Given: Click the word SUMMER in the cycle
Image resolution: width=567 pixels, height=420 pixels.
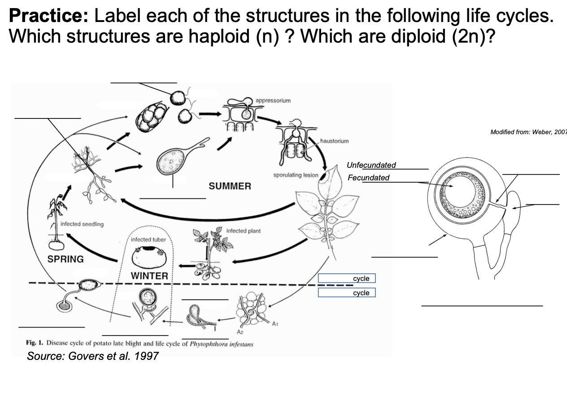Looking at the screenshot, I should (230, 186).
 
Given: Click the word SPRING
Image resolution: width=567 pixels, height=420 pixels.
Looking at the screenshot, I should (65, 259).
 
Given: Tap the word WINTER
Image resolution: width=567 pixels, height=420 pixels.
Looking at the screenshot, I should (149, 276).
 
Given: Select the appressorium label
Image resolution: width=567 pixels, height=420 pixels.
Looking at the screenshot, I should (273, 101).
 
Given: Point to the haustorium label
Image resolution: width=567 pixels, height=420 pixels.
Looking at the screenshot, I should (334, 141).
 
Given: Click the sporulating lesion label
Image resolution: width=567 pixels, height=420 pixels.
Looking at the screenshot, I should (296, 175).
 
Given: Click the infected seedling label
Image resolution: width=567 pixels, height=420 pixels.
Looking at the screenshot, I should (82, 224).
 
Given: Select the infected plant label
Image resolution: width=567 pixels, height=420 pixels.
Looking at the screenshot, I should (243, 231).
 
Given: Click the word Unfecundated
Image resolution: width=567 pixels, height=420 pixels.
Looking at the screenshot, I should (371, 165).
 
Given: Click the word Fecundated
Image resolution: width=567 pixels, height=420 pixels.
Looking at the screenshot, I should (368, 178).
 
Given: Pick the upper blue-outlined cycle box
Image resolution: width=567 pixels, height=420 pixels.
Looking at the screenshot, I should (347, 279).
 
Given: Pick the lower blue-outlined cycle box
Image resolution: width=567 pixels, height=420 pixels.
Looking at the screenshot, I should (347, 293).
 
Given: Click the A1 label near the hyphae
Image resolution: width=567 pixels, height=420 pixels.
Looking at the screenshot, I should (275, 323).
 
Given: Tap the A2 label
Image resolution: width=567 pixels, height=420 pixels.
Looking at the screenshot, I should (240, 332).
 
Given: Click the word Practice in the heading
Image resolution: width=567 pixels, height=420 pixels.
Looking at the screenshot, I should (48, 16).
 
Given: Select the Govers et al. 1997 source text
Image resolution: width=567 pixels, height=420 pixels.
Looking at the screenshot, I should (92, 356).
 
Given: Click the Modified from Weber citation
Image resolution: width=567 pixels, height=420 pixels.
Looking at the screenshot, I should (528, 132).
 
